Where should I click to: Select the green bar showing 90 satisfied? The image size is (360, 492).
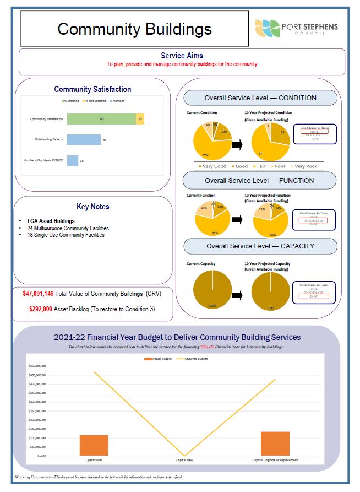point(101,119)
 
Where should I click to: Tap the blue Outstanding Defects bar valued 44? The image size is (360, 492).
point(84,140)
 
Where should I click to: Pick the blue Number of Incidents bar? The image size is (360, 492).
point(73,160)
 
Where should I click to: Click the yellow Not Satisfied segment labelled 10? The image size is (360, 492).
point(140,119)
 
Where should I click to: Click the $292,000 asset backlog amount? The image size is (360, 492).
point(40,309)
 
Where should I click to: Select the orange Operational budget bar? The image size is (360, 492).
point(94,445)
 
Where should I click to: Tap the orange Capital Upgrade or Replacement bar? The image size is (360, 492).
point(275,444)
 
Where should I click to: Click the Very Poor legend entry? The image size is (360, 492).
point(307,166)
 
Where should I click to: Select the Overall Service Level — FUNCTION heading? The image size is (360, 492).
point(259,180)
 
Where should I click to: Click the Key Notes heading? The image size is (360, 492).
point(92,207)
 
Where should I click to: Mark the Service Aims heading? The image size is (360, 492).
point(182,56)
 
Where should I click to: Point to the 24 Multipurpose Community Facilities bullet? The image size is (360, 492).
point(68,228)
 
